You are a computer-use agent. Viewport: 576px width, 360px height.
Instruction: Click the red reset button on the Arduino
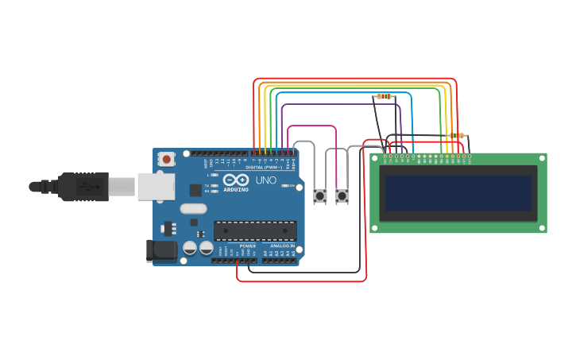(x=166, y=159)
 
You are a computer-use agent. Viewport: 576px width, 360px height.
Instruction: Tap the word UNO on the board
(x=265, y=180)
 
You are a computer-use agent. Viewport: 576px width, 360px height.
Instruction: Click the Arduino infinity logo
(x=235, y=180)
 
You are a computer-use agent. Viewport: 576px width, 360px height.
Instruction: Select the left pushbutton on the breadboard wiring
(x=320, y=195)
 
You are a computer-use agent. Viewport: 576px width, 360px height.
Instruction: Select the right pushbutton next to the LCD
(x=342, y=195)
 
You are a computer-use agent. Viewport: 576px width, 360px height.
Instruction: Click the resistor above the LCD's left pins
(x=385, y=96)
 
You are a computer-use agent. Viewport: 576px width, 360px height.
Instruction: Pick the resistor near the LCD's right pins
(x=457, y=136)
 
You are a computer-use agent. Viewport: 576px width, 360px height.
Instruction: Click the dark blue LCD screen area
(x=458, y=193)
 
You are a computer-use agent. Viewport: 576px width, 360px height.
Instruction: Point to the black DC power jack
(x=163, y=251)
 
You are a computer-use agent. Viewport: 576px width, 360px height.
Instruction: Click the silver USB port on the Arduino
(x=156, y=187)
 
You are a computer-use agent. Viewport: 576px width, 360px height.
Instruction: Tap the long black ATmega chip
(x=255, y=231)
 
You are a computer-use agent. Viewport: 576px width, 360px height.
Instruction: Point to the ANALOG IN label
(x=281, y=246)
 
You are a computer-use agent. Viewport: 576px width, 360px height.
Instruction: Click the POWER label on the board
(x=248, y=246)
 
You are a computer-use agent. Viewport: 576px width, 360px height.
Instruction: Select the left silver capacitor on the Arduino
(x=190, y=249)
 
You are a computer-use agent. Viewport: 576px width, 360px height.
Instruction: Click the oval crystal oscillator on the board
(x=193, y=210)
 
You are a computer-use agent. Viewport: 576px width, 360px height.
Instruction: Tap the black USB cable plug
(x=83, y=188)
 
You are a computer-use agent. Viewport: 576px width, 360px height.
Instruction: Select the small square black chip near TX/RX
(x=195, y=190)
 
